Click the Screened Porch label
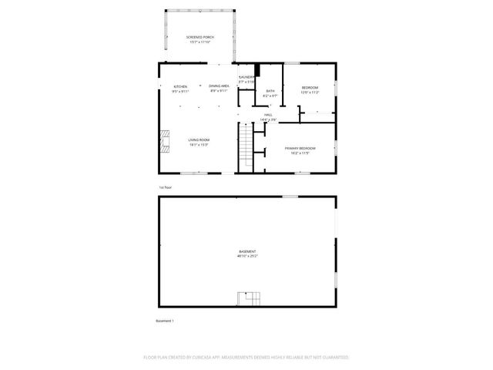(200, 37)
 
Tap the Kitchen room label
(180, 86)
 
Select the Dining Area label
(219, 86)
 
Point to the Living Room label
(199, 140)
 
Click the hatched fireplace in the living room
(163, 142)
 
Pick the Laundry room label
(246, 77)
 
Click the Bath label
(270, 91)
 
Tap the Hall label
(268, 115)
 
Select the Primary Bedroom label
(300, 148)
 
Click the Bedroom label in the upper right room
(310, 87)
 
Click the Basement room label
(247, 251)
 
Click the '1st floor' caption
(165, 187)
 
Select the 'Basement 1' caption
(165, 321)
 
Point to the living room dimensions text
(199, 144)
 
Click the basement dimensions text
(247, 255)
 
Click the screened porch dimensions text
(200, 42)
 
